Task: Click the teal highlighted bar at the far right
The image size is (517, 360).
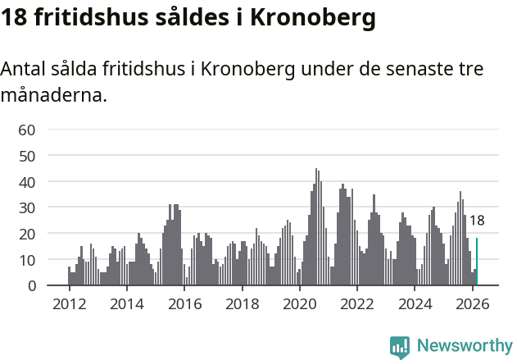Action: (477, 262)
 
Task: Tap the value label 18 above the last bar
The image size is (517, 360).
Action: (477, 221)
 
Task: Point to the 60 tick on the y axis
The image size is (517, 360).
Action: (26, 130)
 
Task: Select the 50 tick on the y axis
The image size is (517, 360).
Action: (26, 156)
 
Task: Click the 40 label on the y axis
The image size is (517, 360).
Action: (26, 181)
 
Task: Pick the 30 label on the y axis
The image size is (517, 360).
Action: (26, 207)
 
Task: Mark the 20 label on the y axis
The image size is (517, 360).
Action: (26, 234)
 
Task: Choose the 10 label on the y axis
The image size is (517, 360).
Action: (26, 260)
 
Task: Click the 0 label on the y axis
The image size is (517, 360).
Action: (30, 286)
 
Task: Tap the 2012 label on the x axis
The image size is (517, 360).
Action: (69, 304)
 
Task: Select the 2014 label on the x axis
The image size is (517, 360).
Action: (126, 304)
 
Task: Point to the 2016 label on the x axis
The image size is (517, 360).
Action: (184, 304)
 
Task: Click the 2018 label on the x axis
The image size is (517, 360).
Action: (242, 304)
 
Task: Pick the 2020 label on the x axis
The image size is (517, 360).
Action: (299, 304)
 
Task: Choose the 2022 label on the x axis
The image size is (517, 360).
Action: (357, 304)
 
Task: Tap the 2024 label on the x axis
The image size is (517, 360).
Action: (415, 304)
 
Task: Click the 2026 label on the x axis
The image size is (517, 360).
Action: (472, 304)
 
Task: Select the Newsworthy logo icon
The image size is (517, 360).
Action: (399, 346)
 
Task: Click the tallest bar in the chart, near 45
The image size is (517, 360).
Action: (316, 227)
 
